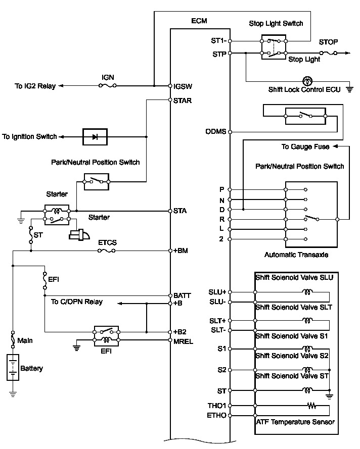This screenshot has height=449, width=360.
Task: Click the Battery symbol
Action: coord(13,367)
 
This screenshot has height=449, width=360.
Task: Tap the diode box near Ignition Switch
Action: coord(95,137)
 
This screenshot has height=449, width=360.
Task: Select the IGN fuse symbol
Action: coord(108,85)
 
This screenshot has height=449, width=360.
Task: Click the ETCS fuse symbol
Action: coord(107,251)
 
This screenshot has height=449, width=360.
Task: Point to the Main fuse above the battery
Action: coord(13,339)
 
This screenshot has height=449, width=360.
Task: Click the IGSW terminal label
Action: coord(183,86)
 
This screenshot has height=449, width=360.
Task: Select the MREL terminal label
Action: coord(183,341)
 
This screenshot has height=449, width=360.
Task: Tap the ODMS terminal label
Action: coord(216,132)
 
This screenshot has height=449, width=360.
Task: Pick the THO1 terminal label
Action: coord(217,406)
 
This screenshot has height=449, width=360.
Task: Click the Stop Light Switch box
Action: coord(274,47)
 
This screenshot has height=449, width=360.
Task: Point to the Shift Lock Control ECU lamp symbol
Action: coord(307,81)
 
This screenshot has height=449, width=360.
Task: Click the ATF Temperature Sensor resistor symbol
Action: coord(311,406)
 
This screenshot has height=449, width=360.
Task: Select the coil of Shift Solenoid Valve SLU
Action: coord(307,292)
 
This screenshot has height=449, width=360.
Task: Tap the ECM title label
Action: coord(199,21)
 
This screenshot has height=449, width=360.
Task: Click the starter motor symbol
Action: coord(79,234)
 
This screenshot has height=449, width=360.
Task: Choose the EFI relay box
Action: coord(106,336)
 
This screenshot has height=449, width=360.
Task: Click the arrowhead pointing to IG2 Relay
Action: coord(61,85)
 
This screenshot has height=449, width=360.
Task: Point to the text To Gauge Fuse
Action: coord(305,147)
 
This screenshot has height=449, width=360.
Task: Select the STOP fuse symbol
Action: coord(329,53)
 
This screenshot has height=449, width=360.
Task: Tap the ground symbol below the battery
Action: coord(13,394)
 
